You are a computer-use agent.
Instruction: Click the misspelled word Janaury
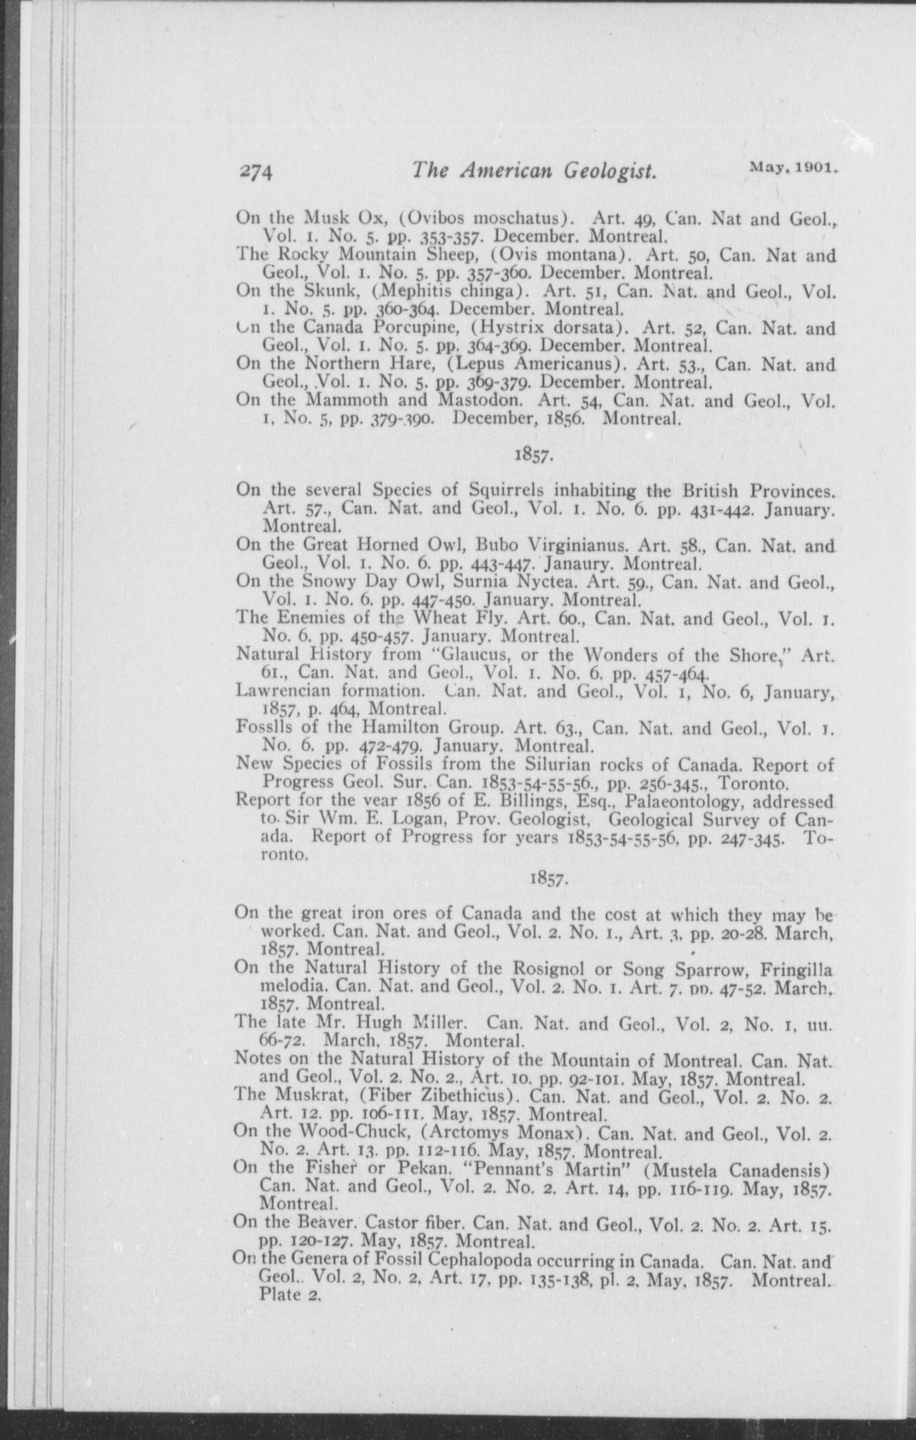tap(580, 565)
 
